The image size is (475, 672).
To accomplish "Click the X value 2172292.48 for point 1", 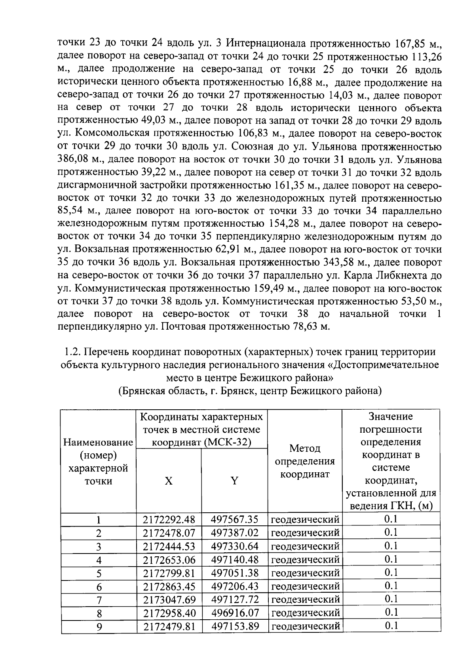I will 169,519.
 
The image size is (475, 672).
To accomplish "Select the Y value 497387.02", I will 235,533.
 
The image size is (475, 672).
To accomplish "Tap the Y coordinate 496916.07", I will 235,613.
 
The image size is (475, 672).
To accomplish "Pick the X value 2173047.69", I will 169,599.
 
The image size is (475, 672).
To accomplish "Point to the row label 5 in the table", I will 99,573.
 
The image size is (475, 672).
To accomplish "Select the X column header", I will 169,481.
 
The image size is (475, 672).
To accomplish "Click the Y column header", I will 235,481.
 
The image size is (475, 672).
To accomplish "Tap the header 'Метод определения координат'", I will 305,462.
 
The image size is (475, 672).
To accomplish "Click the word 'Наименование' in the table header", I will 98,443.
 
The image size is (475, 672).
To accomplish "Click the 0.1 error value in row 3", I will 391,546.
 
